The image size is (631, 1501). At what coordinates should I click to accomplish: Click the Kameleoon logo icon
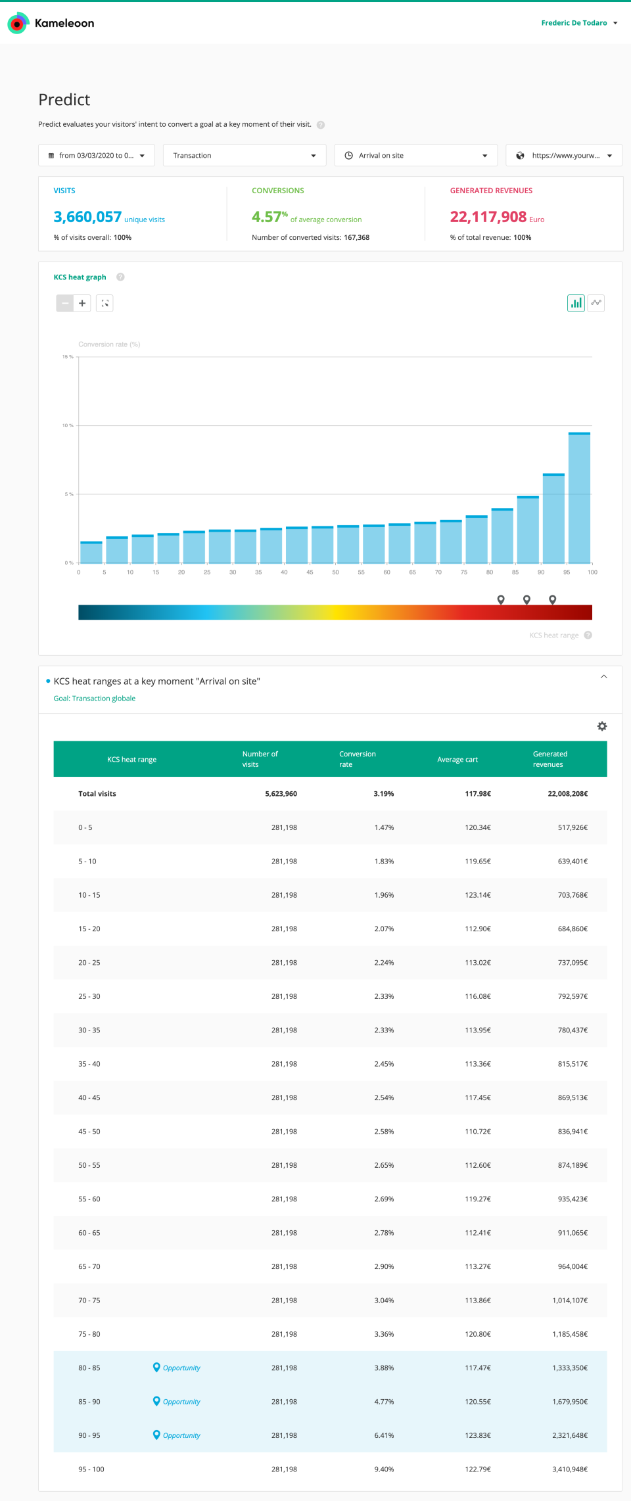[x=18, y=23]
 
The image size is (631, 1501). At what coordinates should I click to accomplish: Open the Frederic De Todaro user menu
[x=578, y=23]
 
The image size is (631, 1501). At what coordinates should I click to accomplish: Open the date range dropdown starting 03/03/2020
[x=97, y=156]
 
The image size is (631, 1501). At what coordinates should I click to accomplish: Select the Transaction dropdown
[x=244, y=156]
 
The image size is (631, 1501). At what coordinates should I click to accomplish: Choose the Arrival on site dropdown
[x=415, y=156]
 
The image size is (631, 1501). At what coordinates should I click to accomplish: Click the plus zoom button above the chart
[x=82, y=303]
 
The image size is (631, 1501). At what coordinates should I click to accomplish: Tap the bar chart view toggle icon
[x=576, y=303]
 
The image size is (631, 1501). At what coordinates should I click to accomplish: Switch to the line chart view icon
[x=596, y=303]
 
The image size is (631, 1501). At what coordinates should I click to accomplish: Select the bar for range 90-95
[x=553, y=519]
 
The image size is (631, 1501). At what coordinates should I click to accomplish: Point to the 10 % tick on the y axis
[x=68, y=426]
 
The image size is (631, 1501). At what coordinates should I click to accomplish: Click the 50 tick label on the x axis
[x=335, y=572]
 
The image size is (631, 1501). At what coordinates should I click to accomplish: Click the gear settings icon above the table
[x=601, y=726]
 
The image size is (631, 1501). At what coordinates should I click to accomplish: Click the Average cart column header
[x=457, y=760]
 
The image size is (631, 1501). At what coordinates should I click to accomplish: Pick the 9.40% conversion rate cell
[x=384, y=1469]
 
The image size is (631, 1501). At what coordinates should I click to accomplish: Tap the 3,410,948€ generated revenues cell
[x=570, y=1469]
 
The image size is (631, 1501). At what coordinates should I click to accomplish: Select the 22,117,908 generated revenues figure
[x=488, y=217]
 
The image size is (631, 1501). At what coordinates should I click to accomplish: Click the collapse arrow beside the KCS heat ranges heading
[x=603, y=677]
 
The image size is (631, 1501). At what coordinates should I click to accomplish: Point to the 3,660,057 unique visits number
[x=87, y=217]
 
